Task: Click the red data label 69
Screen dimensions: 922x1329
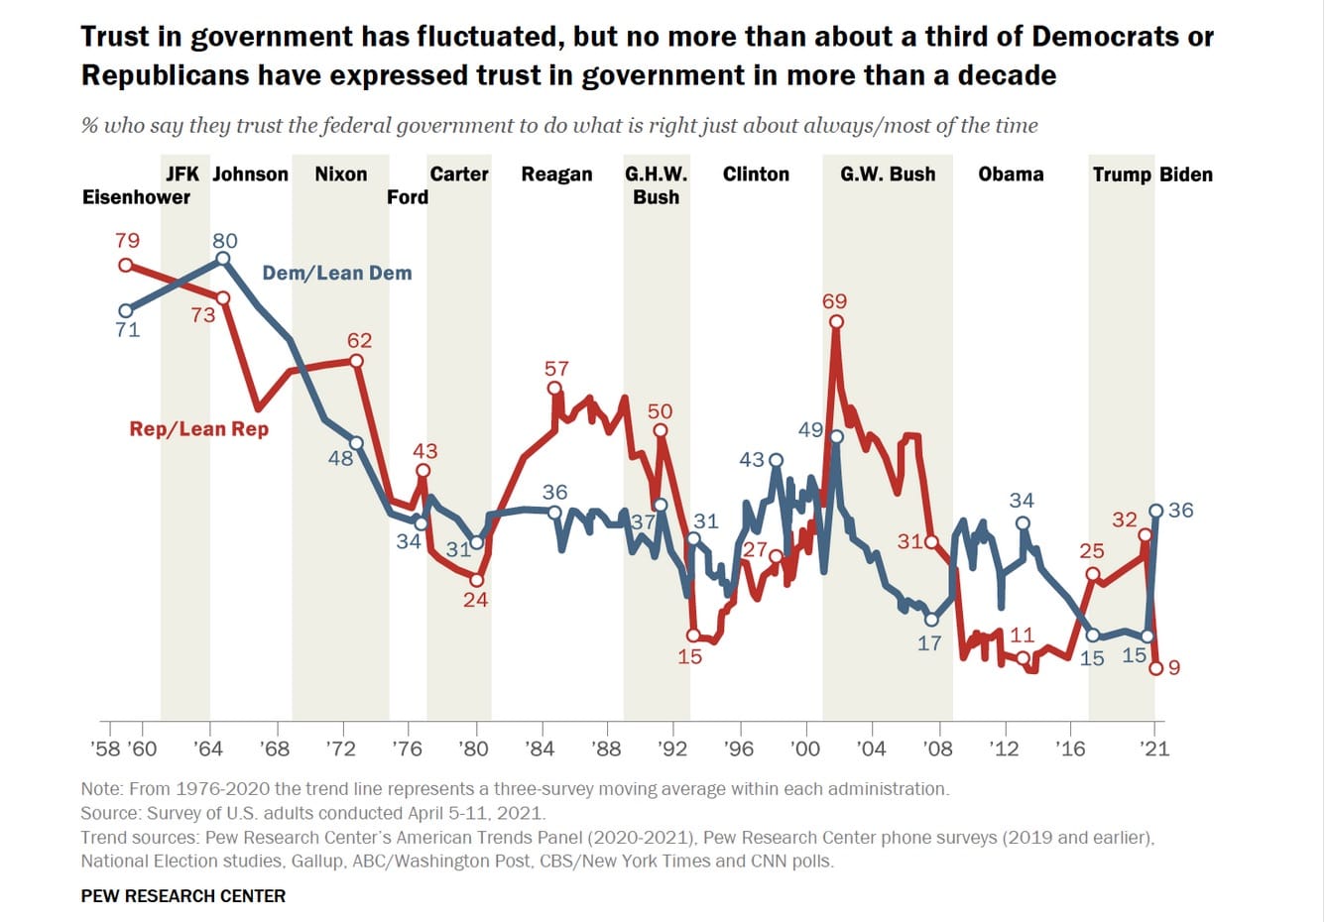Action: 835,301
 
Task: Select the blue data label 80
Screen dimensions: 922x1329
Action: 225,241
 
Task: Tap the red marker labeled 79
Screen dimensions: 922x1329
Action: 125,265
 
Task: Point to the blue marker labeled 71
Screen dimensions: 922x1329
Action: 125,310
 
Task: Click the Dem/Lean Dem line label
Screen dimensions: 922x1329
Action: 337,274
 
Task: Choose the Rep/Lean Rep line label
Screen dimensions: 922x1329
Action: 198,429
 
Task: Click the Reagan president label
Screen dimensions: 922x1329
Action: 556,174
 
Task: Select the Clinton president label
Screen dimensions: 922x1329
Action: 756,174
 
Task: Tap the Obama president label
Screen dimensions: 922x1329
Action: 1011,174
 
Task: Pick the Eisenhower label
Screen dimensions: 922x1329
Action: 136,197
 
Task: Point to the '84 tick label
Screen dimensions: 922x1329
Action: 541,749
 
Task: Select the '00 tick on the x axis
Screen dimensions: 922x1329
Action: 805,749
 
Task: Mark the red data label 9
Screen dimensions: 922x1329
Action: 1174,668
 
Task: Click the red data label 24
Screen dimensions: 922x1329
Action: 476,600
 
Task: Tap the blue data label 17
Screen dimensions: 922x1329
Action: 929,643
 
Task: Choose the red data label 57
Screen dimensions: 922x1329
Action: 556,369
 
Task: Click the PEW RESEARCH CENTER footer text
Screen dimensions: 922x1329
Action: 183,896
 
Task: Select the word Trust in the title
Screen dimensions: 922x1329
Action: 115,38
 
